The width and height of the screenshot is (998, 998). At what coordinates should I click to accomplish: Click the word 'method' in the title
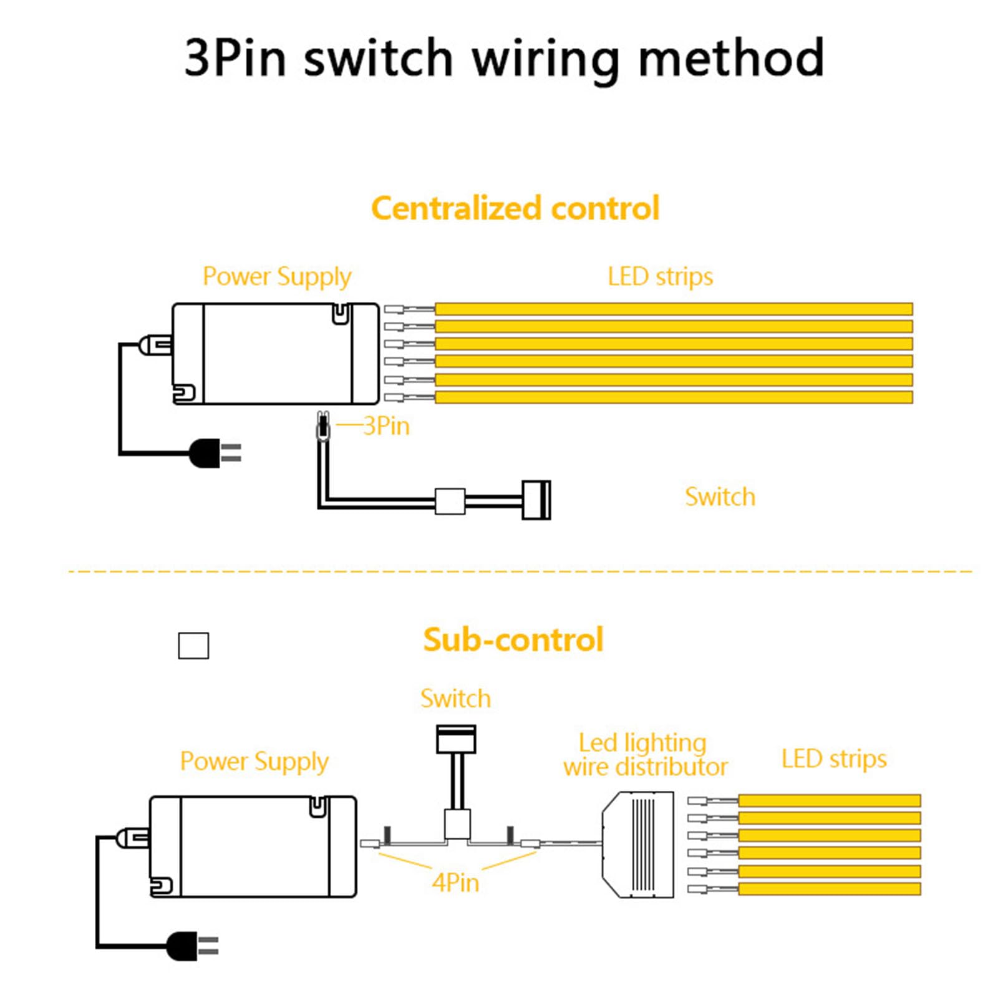[x=731, y=57]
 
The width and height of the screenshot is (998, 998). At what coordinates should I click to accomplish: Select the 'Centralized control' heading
[x=515, y=208]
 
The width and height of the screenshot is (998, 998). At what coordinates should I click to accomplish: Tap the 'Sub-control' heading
[x=513, y=639]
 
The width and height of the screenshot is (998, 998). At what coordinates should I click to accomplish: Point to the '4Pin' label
[x=455, y=883]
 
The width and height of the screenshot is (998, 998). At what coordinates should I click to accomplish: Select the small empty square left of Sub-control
[x=193, y=646]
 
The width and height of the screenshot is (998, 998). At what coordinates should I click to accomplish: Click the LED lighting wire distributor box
[x=638, y=845]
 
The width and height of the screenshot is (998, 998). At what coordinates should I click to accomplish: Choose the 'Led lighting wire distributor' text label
[x=645, y=755]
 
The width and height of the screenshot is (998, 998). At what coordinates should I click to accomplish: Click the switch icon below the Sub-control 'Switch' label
[x=456, y=739]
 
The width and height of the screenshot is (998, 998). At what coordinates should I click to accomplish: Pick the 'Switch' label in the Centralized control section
[x=720, y=497]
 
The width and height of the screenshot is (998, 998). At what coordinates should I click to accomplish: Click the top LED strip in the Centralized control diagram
[x=674, y=309]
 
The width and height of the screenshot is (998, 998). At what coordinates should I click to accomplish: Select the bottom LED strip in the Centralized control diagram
[x=674, y=397]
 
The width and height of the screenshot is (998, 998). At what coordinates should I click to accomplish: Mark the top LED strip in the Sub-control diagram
[x=830, y=800]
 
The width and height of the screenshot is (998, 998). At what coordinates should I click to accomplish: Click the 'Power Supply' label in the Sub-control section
[x=254, y=762]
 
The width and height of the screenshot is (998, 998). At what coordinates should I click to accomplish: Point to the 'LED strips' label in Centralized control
[x=660, y=276]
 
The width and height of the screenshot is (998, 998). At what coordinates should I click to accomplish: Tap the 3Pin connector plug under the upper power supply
[x=322, y=427]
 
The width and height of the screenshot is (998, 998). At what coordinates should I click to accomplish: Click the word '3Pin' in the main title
[x=235, y=57]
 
